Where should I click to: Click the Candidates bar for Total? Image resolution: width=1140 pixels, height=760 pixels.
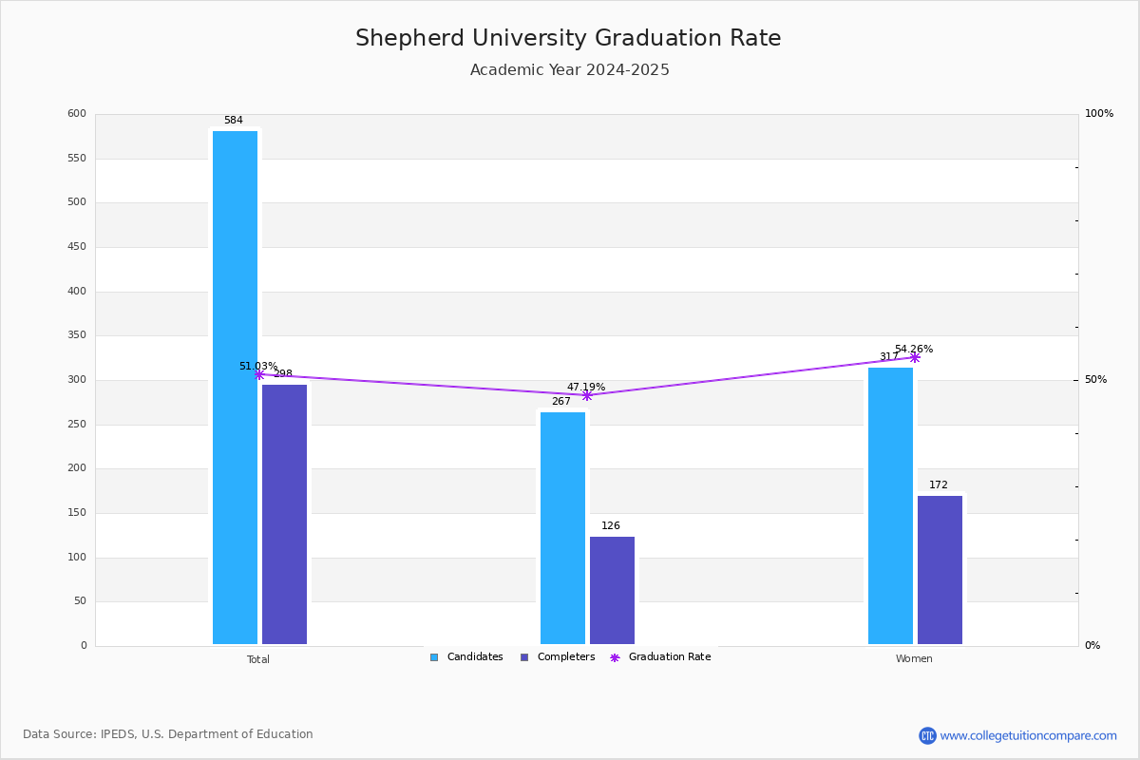236,388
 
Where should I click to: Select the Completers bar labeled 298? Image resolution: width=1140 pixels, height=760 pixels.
284,514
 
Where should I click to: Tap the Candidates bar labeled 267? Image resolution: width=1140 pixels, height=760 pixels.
562,528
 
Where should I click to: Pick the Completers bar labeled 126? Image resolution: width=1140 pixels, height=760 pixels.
612,590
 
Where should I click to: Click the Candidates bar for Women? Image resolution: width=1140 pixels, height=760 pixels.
891,505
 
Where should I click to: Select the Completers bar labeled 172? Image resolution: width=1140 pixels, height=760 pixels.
940,570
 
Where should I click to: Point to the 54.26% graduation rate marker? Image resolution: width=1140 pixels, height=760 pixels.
915,358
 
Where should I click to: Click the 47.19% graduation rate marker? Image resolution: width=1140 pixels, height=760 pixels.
587,395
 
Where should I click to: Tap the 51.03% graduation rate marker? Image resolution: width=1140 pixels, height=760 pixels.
259,374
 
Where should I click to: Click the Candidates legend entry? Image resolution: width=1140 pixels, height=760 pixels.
466,657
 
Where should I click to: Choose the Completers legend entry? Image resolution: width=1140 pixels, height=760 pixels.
558,657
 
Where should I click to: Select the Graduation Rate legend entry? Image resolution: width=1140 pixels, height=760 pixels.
660,657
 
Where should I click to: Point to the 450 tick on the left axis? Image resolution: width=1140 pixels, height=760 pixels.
77,246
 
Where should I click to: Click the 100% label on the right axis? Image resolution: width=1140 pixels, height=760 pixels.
1099,113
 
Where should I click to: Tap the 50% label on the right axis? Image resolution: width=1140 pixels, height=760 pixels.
1095,379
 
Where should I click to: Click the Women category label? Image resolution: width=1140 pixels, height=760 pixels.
914,658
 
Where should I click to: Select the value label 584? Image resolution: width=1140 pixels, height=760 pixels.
234,120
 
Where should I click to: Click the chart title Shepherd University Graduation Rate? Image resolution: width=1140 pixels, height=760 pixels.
568,38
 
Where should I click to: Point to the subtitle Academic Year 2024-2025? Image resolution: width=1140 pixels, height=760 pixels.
569,69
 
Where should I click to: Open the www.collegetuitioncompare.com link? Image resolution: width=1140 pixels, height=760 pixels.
1028,735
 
